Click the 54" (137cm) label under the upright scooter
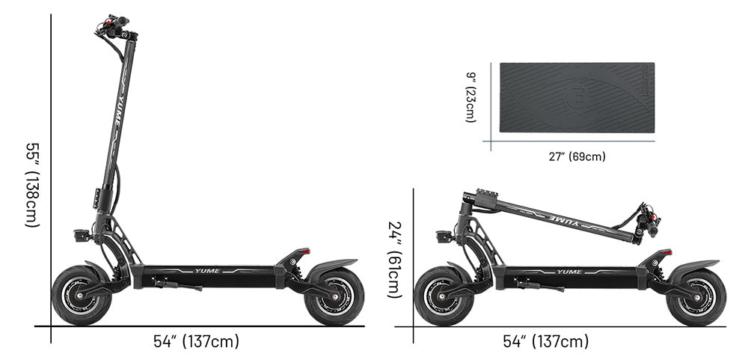tap(196, 342)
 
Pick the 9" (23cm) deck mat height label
tap(470, 97)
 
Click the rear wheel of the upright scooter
tap(334, 296)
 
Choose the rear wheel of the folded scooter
tap(696, 296)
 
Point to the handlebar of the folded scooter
tap(647, 222)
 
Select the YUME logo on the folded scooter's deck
tap(569, 272)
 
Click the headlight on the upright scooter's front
tap(81, 235)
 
